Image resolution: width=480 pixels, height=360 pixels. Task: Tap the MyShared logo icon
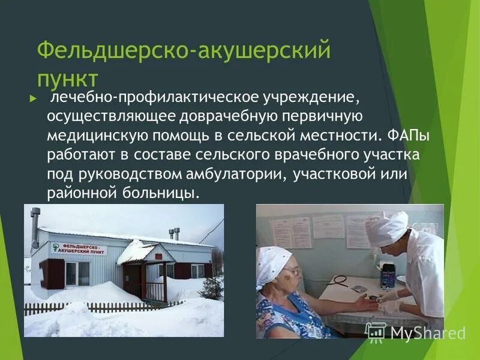click(x=376, y=332)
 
